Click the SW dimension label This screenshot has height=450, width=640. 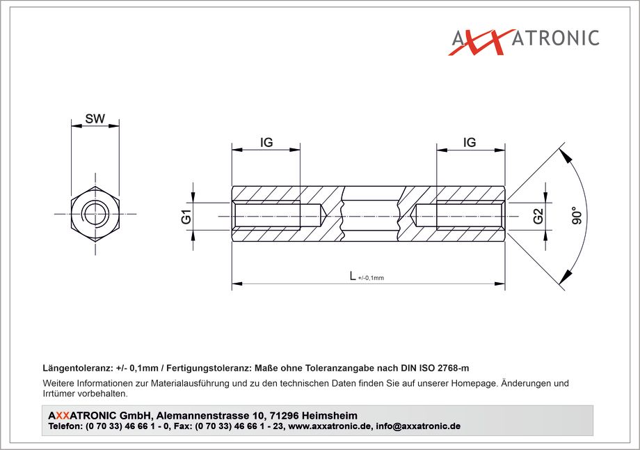(95, 118)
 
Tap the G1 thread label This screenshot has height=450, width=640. (186, 216)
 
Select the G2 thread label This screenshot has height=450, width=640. (538, 216)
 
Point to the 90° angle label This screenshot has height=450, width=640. (576, 216)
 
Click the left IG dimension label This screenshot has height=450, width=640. (266, 142)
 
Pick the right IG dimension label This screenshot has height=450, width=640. (470, 142)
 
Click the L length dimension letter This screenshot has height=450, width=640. (353, 276)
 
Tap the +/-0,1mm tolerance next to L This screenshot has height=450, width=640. (371, 278)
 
